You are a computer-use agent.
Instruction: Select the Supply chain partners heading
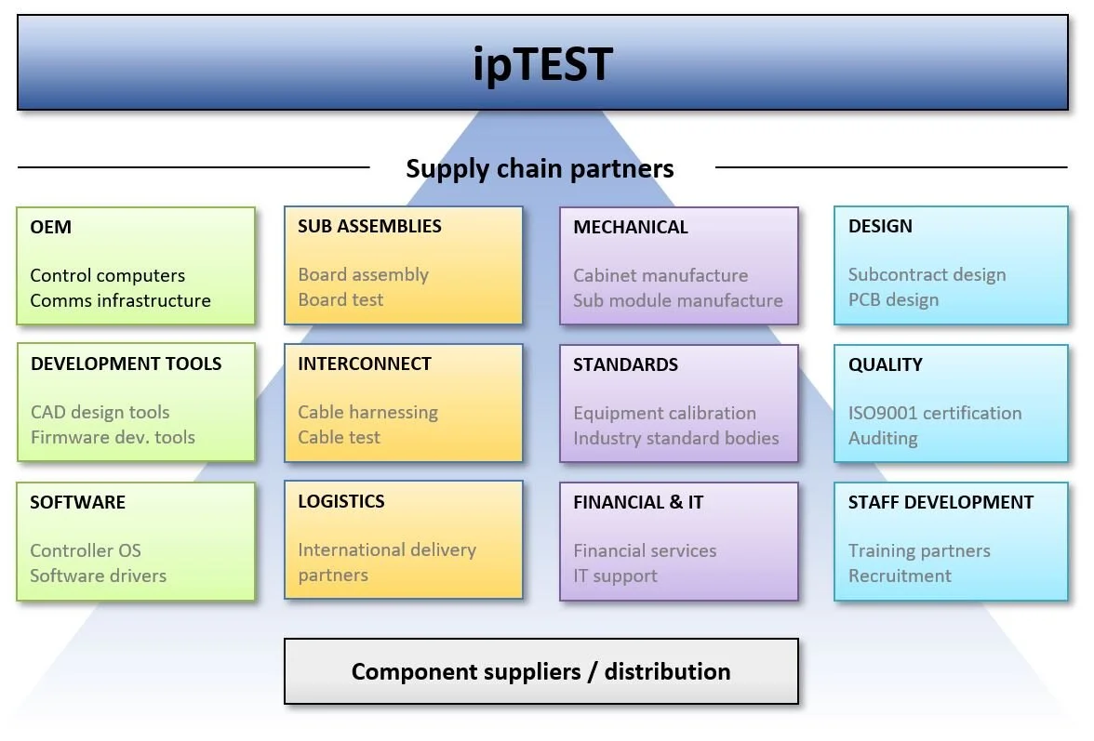(540, 168)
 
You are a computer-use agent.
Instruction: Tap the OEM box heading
(50, 227)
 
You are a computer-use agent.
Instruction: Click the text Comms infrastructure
(120, 300)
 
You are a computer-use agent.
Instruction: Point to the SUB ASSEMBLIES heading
(369, 226)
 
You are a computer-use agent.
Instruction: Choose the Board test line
(340, 299)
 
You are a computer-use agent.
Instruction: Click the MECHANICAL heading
(630, 227)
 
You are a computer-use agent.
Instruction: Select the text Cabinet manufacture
(660, 275)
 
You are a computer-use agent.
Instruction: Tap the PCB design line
(893, 299)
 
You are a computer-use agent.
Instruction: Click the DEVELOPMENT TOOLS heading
(126, 364)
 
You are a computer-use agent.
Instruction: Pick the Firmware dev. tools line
(113, 437)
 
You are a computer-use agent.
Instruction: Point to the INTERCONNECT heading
(364, 364)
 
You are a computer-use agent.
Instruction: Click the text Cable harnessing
(367, 412)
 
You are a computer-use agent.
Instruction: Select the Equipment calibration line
(664, 413)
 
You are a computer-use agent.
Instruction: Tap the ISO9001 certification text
(934, 413)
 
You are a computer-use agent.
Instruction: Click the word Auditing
(882, 438)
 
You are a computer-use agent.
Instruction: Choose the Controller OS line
(86, 550)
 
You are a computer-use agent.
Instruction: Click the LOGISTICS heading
(340, 501)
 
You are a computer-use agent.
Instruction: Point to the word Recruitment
(899, 576)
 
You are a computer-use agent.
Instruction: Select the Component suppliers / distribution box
(540, 671)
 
